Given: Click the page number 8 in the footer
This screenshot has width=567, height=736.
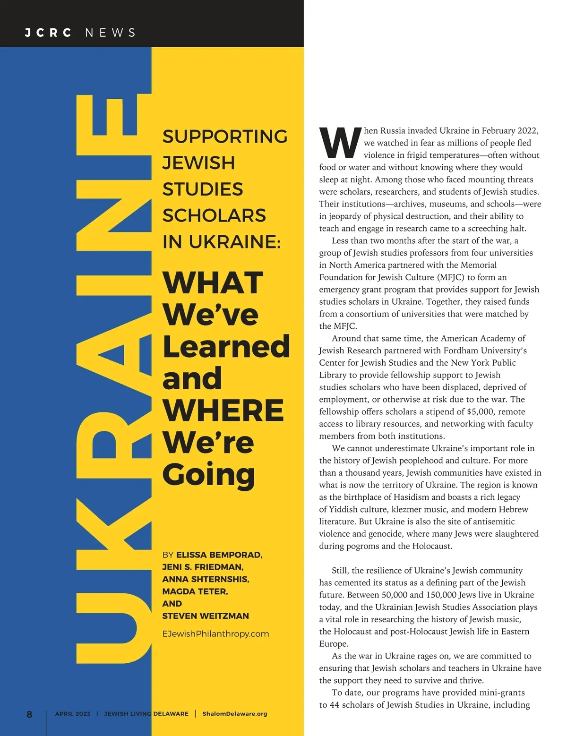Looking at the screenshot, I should point(29,714).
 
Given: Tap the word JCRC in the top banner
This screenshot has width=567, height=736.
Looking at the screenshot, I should point(48,33).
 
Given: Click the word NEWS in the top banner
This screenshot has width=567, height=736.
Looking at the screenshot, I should point(111,33).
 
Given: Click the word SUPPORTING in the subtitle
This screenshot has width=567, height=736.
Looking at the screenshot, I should point(225,137).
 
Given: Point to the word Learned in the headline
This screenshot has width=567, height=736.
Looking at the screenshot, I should point(226,346).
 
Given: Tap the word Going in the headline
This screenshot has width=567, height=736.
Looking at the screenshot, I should point(208,475).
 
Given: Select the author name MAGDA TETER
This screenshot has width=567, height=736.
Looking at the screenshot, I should point(195,591).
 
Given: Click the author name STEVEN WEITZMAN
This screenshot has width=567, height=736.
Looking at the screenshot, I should point(205,616).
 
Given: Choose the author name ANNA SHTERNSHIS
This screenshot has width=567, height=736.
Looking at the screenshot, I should point(206,579).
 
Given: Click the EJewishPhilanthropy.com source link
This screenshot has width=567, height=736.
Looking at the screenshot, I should point(215,634).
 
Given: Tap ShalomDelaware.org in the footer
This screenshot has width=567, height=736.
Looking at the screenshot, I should point(234,714).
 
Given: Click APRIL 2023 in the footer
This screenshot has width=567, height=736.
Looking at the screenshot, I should point(72,714).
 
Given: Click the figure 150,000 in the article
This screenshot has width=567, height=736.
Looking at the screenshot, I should point(447,595).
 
